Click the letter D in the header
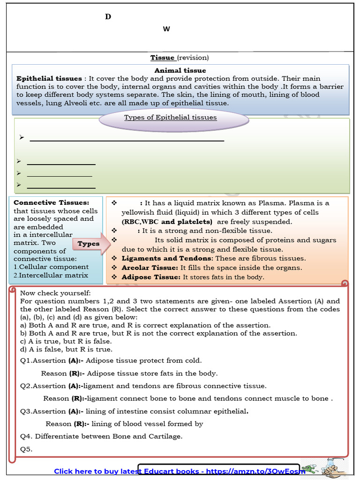(x=108, y=17)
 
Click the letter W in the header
(x=166, y=29)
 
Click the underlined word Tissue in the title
(x=162, y=58)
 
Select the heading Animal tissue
(x=180, y=71)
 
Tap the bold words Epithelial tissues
(x=49, y=79)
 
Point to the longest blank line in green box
(x=127, y=140)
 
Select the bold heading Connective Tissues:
(x=51, y=202)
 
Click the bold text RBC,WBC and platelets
(x=167, y=222)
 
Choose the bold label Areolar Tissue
(x=150, y=268)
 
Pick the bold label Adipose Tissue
(x=151, y=277)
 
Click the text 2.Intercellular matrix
(x=51, y=275)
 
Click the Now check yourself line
(x=55, y=293)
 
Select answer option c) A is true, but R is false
(x=66, y=341)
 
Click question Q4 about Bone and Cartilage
(x=101, y=436)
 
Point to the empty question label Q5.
(x=26, y=449)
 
